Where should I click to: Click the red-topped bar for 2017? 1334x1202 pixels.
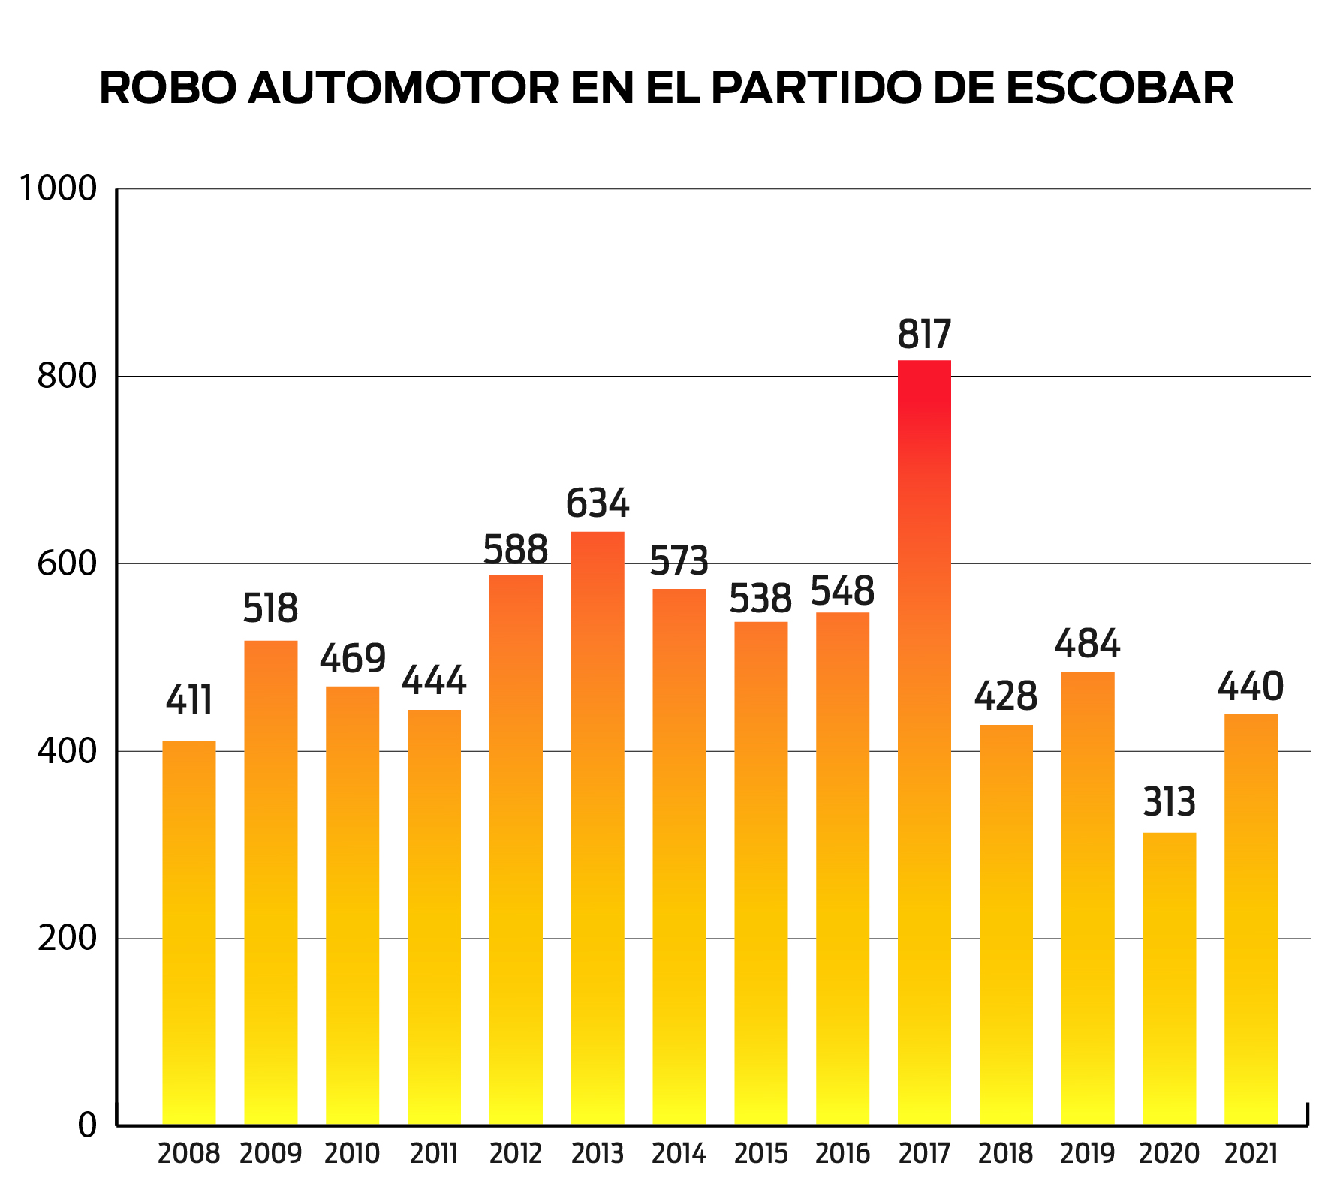tap(924, 743)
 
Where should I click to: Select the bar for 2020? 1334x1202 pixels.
tap(1169, 978)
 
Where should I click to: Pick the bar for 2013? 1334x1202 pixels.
tap(598, 828)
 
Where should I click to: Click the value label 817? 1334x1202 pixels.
tap(924, 335)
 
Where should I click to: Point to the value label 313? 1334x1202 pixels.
tap(1169, 802)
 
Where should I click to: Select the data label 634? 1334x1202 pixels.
tap(598, 503)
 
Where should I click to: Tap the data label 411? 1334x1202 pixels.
tap(189, 701)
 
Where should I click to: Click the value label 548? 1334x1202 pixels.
tap(842, 591)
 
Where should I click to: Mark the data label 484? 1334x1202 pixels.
tap(1087, 644)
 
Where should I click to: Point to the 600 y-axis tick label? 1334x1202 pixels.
tap(68, 563)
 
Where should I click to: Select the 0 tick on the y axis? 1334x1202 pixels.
tap(88, 1125)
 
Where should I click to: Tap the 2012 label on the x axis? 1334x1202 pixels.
tap(516, 1154)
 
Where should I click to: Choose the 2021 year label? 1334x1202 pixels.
tap(1251, 1154)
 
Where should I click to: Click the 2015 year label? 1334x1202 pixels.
tap(760, 1154)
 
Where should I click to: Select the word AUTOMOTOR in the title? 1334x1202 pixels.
tap(404, 89)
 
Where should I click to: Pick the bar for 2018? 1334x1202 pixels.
tap(1006, 924)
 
